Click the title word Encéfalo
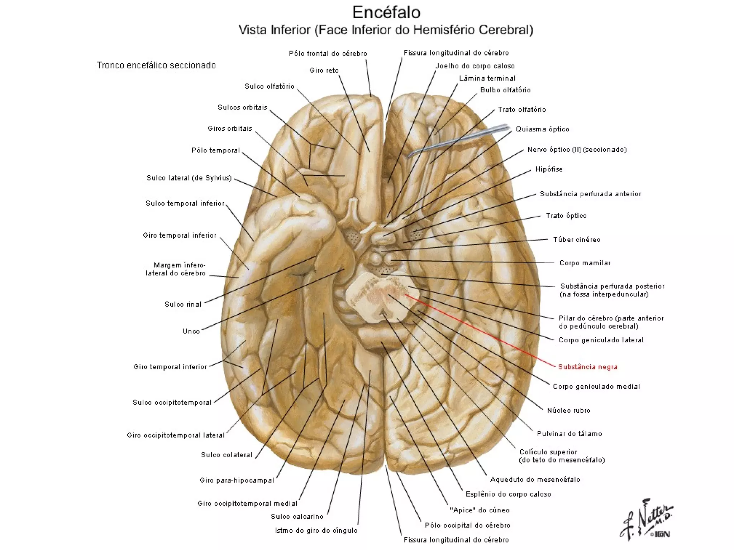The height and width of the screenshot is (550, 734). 386,13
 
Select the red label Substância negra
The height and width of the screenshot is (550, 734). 588,367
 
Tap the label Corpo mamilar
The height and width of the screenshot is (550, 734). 585,263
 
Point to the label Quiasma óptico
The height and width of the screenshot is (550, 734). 542,129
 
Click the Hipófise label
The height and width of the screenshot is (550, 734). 549,169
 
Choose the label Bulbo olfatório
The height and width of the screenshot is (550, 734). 505,90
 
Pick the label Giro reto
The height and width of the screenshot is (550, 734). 324,70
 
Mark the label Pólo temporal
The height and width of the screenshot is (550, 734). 216,150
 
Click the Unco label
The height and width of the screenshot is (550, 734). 191,331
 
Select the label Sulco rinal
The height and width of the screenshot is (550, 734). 183,304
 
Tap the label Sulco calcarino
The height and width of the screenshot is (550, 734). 297,516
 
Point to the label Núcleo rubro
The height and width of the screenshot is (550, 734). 568,410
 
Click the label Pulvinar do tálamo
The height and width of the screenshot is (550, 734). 569,434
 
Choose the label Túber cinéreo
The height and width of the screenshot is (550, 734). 577,240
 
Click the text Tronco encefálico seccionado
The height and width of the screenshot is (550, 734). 156,65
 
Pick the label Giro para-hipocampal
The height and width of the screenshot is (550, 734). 237,480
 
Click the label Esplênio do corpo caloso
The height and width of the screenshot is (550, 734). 508,494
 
